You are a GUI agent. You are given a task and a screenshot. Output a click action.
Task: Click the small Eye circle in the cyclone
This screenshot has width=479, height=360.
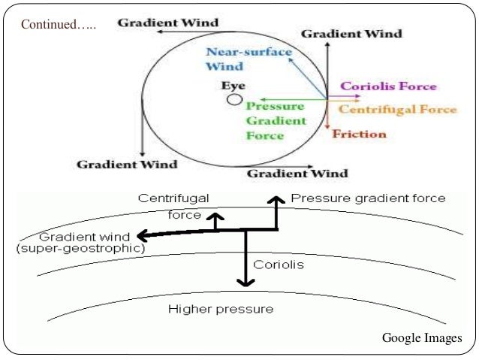(235, 99)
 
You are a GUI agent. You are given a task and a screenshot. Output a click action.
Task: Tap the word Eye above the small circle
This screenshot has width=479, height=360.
(233, 85)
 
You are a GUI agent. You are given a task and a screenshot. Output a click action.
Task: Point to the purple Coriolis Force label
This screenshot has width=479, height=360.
(388, 86)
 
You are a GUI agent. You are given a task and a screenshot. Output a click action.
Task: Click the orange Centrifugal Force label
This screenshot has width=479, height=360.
(397, 110)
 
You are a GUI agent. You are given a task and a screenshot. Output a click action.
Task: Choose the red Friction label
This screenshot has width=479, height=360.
(359, 135)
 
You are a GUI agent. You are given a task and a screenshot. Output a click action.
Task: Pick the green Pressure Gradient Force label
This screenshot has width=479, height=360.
(276, 120)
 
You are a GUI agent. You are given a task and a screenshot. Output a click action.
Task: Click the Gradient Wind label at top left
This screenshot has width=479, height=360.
(167, 23)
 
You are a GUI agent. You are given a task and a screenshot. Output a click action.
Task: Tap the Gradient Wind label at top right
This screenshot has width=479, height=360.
(351, 34)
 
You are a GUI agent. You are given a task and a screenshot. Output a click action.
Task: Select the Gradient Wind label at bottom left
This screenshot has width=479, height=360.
(128, 164)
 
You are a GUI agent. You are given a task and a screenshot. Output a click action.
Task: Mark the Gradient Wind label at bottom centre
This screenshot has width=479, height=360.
(298, 174)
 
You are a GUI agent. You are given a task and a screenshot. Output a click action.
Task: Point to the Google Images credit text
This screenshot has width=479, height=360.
(422, 338)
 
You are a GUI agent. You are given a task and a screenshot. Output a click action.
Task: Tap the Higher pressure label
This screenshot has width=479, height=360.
(221, 309)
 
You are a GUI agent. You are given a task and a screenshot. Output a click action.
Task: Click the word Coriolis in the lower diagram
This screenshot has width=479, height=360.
(279, 265)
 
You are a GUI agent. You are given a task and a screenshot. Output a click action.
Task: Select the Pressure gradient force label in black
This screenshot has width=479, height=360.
(368, 198)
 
